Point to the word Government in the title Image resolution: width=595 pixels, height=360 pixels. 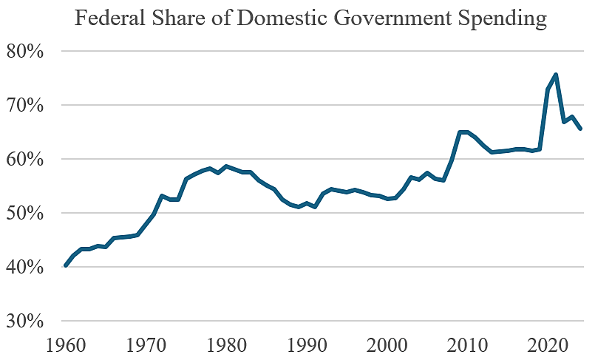coord(384,18)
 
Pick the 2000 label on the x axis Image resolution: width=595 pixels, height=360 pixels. coord(387,346)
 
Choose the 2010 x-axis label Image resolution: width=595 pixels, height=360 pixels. coord(467,346)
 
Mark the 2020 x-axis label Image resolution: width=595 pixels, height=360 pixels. coord(548,346)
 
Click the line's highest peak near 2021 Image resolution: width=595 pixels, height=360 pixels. coord(555,75)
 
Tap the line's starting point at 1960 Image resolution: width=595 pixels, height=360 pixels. coord(66,265)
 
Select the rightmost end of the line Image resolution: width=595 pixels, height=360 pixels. coord(580,129)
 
